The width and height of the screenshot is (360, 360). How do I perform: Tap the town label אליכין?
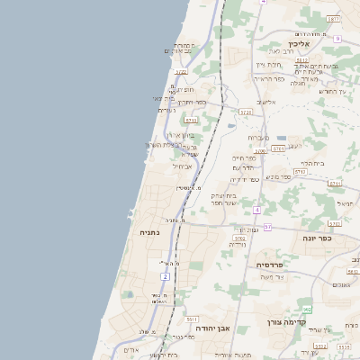click(300, 43)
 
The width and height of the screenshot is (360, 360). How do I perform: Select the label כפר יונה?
click(312, 238)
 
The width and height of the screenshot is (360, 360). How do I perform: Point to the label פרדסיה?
click(270, 265)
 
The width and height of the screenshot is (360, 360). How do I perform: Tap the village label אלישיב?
click(266, 102)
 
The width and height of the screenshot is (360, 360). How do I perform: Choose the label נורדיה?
click(238, 244)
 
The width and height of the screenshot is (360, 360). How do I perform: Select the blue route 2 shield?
click(165, 275)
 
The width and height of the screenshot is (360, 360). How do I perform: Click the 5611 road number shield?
click(192, 319)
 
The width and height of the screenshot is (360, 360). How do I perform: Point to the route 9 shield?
click(337, 39)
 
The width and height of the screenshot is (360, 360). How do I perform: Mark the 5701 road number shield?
click(277, 148)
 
